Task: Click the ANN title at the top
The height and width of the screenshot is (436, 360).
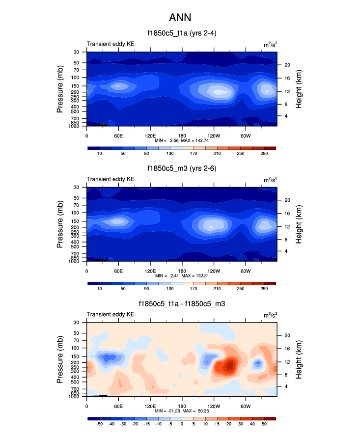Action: [180, 18]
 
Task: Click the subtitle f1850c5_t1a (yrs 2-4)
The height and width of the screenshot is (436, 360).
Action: [180, 34]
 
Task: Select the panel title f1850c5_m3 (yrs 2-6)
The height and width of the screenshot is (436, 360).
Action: [180, 168]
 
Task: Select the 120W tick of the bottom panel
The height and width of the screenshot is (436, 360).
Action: [214, 406]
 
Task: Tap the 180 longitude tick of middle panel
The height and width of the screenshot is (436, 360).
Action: [182, 271]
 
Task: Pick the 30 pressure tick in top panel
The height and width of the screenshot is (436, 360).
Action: [77, 52]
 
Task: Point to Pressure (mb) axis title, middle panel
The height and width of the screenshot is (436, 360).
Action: [60, 224]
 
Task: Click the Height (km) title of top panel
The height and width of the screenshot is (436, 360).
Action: [299, 89]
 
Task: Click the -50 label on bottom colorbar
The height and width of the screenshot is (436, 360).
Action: [99, 424]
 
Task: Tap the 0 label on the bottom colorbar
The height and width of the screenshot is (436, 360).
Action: [182, 424]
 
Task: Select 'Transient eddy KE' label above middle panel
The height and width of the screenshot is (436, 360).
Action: [111, 179]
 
